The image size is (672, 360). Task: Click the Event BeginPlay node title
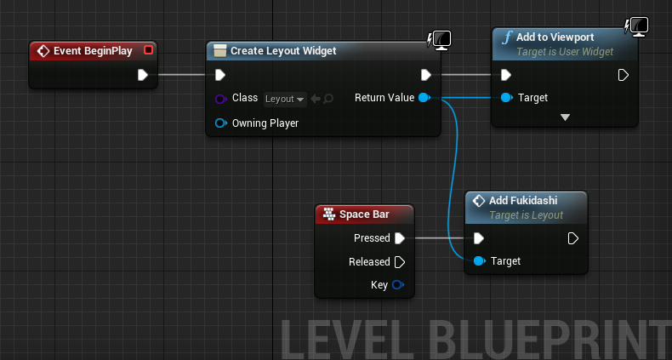pos(93,51)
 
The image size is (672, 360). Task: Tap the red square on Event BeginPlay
pos(148,50)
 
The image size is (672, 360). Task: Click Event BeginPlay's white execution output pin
pos(143,75)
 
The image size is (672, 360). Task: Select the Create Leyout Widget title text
pos(283,50)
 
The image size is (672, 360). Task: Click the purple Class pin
pos(220,99)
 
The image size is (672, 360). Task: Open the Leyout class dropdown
pos(285,99)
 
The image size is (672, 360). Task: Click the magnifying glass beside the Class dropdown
pos(328,99)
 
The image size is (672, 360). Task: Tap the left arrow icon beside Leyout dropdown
pos(316,99)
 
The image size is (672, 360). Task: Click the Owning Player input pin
pos(220,123)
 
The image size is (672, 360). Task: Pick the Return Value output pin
pos(424,98)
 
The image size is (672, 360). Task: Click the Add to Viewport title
pos(555,37)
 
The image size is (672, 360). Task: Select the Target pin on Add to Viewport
pos(507,98)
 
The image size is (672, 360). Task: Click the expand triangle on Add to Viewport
pos(566,117)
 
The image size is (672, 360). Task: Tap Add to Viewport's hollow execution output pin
pos(624,76)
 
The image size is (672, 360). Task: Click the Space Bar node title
pos(364,214)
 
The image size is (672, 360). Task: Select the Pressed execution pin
pos(400,238)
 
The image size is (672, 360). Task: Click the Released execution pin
pos(400,262)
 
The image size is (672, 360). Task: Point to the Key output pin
pos(398,285)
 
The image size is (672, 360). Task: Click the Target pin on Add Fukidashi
pos(479,261)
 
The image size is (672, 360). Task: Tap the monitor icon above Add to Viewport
pos(639,27)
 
